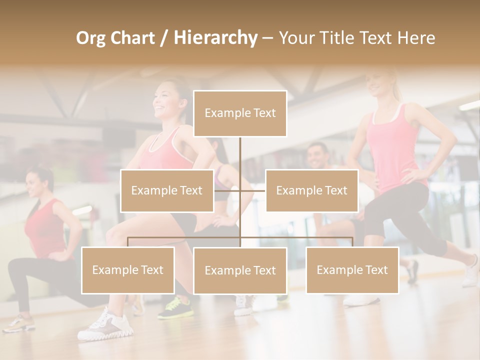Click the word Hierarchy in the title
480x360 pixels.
click(215, 38)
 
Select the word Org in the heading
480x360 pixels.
click(90, 38)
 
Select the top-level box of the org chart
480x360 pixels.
click(240, 113)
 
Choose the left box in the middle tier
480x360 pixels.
click(166, 190)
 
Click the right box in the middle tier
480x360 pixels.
click(311, 190)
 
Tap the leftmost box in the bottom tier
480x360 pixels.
click(128, 270)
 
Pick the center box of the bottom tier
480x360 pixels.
click(240, 271)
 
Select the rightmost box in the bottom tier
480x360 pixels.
click(352, 270)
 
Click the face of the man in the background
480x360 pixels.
click(317, 156)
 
